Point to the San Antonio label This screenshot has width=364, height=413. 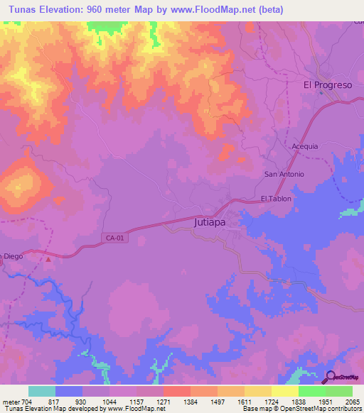click(x=284, y=174)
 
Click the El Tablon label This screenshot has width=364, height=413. click(x=276, y=199)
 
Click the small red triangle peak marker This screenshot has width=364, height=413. click(x=48, y=259)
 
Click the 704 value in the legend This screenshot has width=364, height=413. click(x=29, y=402)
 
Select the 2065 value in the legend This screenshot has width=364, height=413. click(x=352, y=402)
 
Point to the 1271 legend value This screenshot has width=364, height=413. click(x=164, y=402)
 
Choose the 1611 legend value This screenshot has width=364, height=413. click(x=244, y=402)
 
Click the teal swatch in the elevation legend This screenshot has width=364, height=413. click(x=42, y=391)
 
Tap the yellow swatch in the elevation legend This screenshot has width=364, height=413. click(x=284, y=391)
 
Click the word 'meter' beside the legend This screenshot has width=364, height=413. click(x=11, y=402)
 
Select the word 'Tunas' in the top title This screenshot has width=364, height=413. click(x=19, y=9)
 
